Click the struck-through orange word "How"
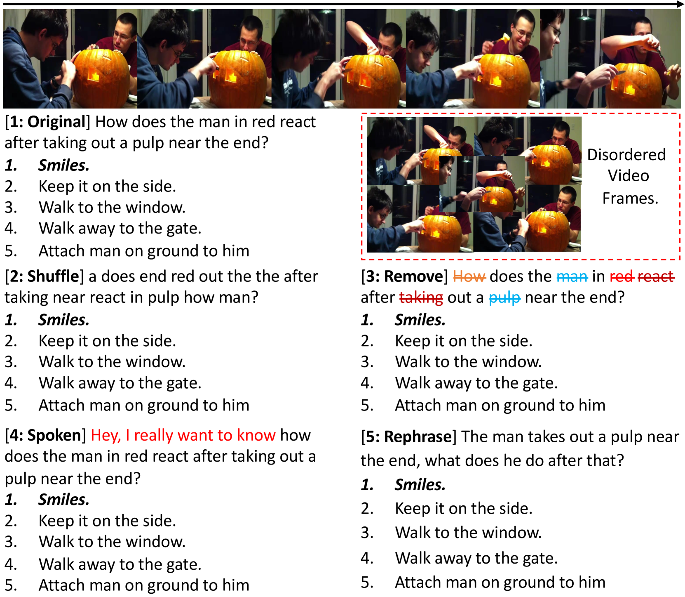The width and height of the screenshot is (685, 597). [469, 276]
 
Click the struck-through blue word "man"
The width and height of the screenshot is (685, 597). [572, 276]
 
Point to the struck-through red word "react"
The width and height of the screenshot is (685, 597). [656, 276]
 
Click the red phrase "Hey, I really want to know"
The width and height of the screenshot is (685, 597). [183, 435]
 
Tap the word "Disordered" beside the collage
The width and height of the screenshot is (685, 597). [626, 155]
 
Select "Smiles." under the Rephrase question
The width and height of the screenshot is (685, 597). [420, 485]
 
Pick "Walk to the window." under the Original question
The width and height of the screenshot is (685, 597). [112, 207]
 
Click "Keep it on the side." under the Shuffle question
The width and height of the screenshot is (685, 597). [107, 341]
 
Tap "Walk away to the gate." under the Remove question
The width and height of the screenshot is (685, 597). [476, 383]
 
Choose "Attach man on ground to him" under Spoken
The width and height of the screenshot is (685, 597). [144, 585]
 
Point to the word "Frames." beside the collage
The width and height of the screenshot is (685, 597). [630, 198]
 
